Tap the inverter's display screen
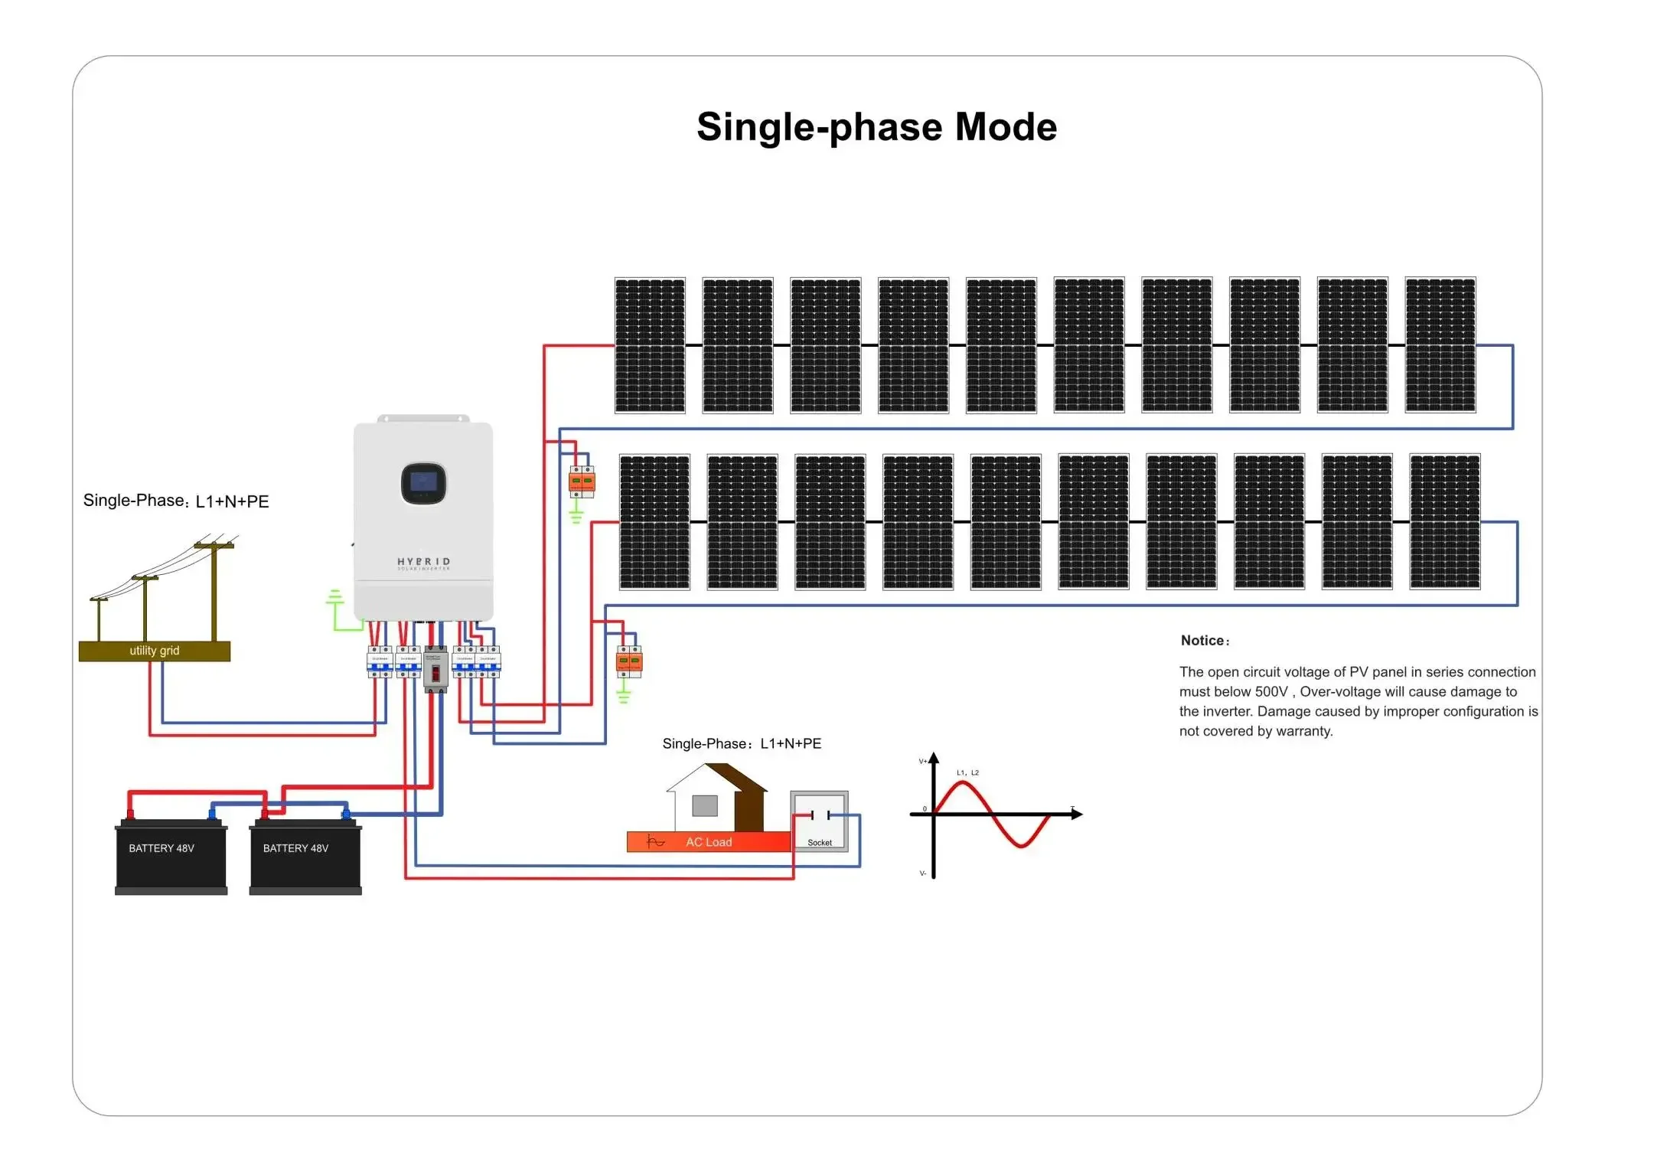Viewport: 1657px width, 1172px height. point(423,483)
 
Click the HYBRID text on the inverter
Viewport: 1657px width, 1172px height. point(423,562)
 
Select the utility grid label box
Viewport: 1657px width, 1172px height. point(155,651)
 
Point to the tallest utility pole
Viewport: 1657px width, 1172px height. point(214,589)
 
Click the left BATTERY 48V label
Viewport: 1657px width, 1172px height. point(161,848)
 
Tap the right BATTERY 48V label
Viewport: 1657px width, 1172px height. point(295,848)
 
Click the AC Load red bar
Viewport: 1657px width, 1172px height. point(708,842)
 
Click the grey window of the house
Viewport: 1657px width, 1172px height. point(704,805)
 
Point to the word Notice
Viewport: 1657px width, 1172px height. point(1204,641)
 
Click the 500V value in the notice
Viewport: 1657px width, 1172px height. point(1271,692)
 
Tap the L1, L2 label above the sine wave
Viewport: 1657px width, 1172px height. point(967,773)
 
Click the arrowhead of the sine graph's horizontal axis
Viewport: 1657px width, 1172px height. point(1078,815)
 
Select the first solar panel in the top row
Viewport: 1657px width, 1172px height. point(650,345)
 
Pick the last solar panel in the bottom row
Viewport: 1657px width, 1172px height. point(1444,522)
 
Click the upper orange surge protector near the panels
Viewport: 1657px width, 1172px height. point(582,482)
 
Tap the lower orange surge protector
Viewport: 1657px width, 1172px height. point(629,662)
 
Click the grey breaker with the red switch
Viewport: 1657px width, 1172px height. point(435,670)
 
